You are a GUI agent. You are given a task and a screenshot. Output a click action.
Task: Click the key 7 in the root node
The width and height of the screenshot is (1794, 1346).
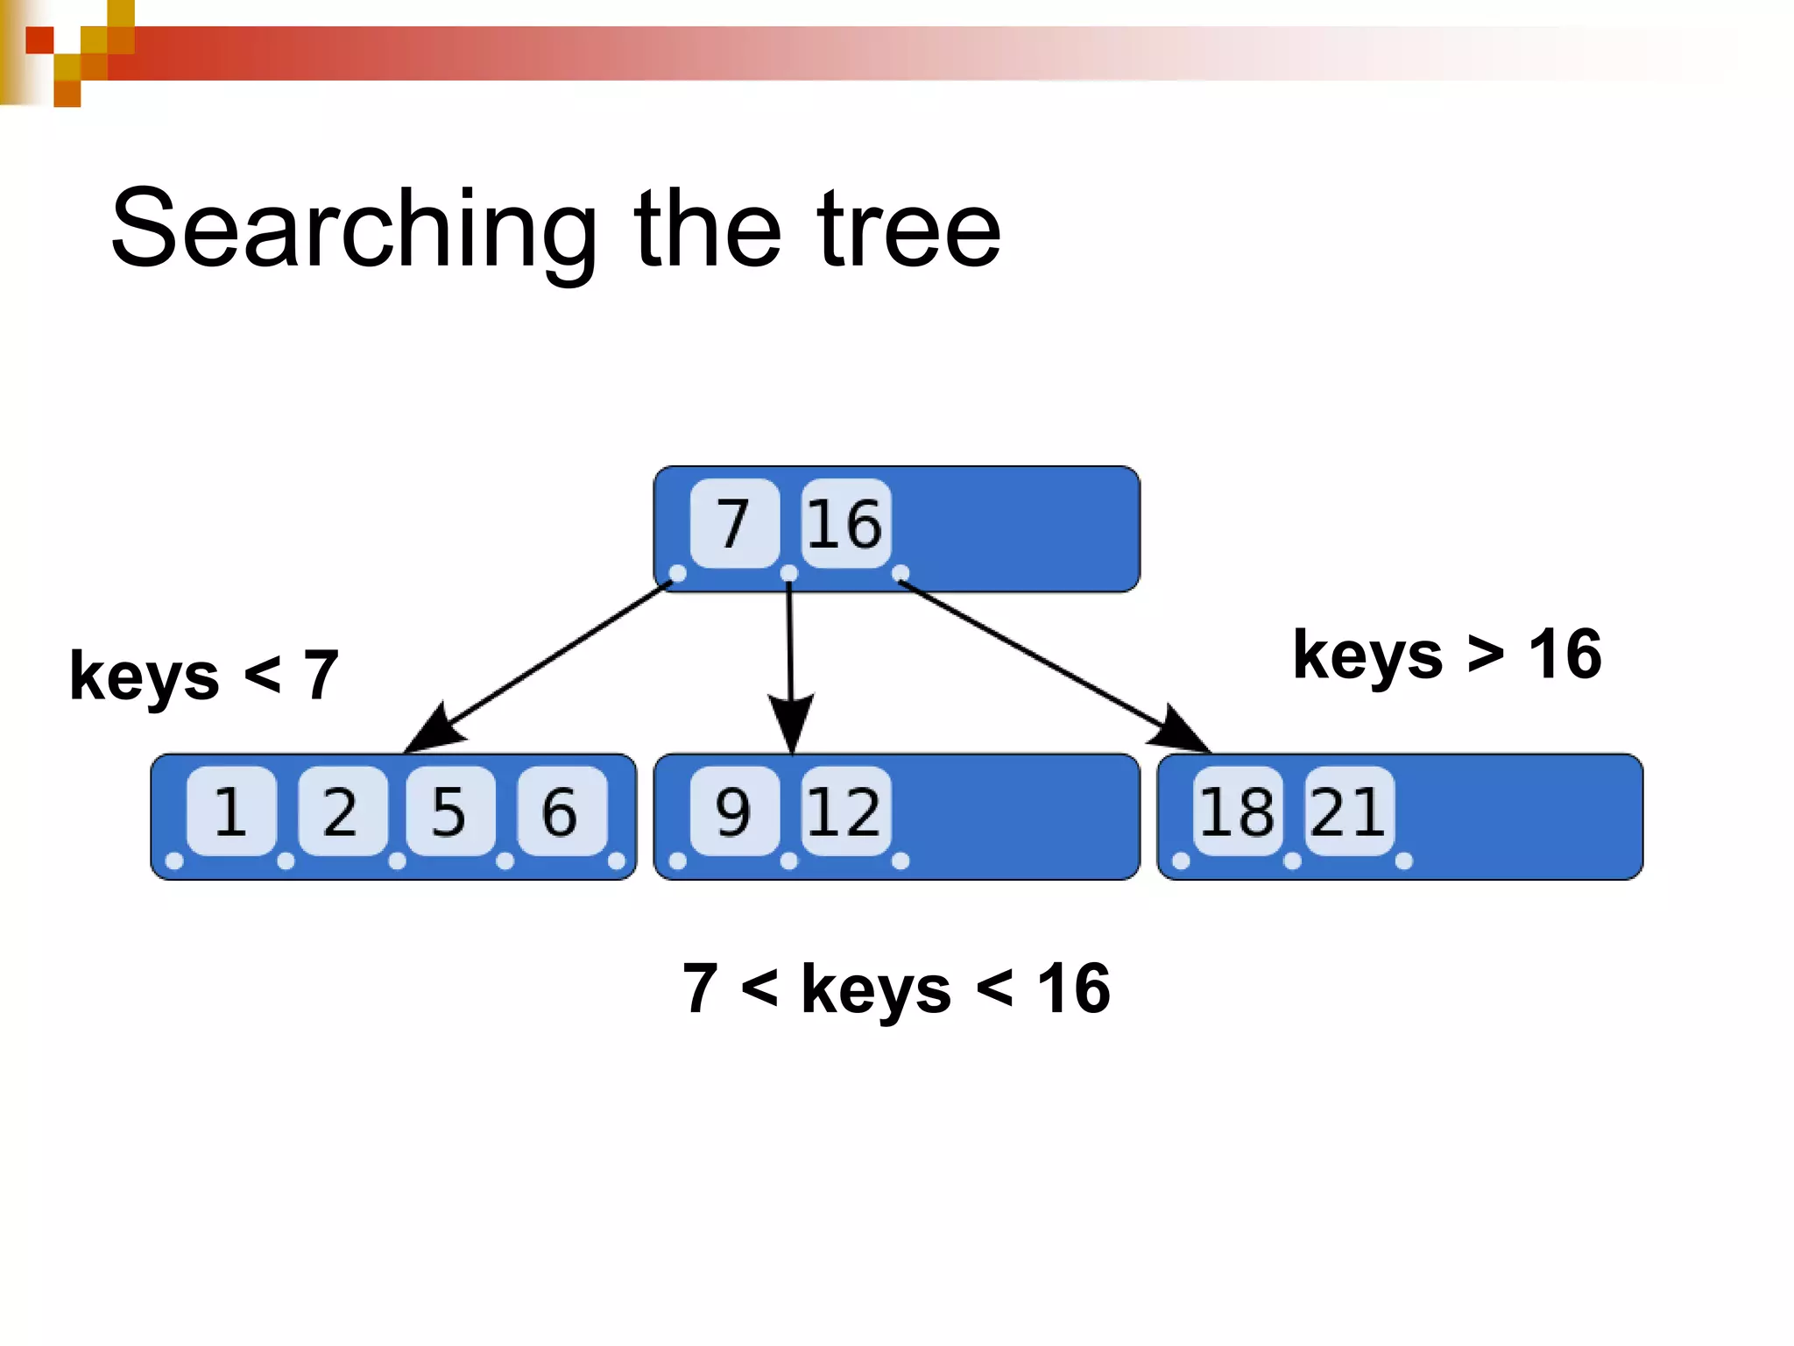click(734, 523)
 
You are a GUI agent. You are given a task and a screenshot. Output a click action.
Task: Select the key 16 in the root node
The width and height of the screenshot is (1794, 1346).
click(844, 523)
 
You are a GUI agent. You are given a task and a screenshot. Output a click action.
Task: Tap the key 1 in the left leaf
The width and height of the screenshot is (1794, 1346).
click(230, 811)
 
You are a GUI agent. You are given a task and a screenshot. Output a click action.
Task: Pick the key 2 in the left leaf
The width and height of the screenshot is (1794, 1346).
click(341, 811)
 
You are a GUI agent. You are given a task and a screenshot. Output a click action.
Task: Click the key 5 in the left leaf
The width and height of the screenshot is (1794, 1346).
click(449, 811)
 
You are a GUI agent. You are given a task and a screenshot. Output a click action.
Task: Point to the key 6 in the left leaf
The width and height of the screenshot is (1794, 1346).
click(561, 811)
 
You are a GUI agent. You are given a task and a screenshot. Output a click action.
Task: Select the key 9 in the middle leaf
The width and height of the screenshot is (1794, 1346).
click(734, 811)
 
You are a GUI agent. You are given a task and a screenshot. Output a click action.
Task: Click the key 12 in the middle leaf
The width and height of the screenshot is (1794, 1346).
click(844, 811)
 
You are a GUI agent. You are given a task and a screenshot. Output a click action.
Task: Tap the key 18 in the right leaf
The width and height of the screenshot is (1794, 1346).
click(1237, 811)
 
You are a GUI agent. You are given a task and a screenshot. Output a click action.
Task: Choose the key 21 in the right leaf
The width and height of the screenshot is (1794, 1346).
click(1348, 811)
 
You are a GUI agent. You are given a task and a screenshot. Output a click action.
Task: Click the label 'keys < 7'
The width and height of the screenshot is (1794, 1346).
click(204, 676)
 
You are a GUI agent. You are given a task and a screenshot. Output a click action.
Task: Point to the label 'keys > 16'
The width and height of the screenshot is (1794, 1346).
click(1447, 655)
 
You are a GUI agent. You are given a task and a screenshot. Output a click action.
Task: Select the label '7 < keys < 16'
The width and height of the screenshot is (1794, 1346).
click(896, 988)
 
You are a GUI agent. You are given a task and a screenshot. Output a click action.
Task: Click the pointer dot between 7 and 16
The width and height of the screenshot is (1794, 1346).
click(789, 573)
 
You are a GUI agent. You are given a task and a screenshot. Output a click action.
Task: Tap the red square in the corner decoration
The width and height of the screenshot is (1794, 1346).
click(39, 40)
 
